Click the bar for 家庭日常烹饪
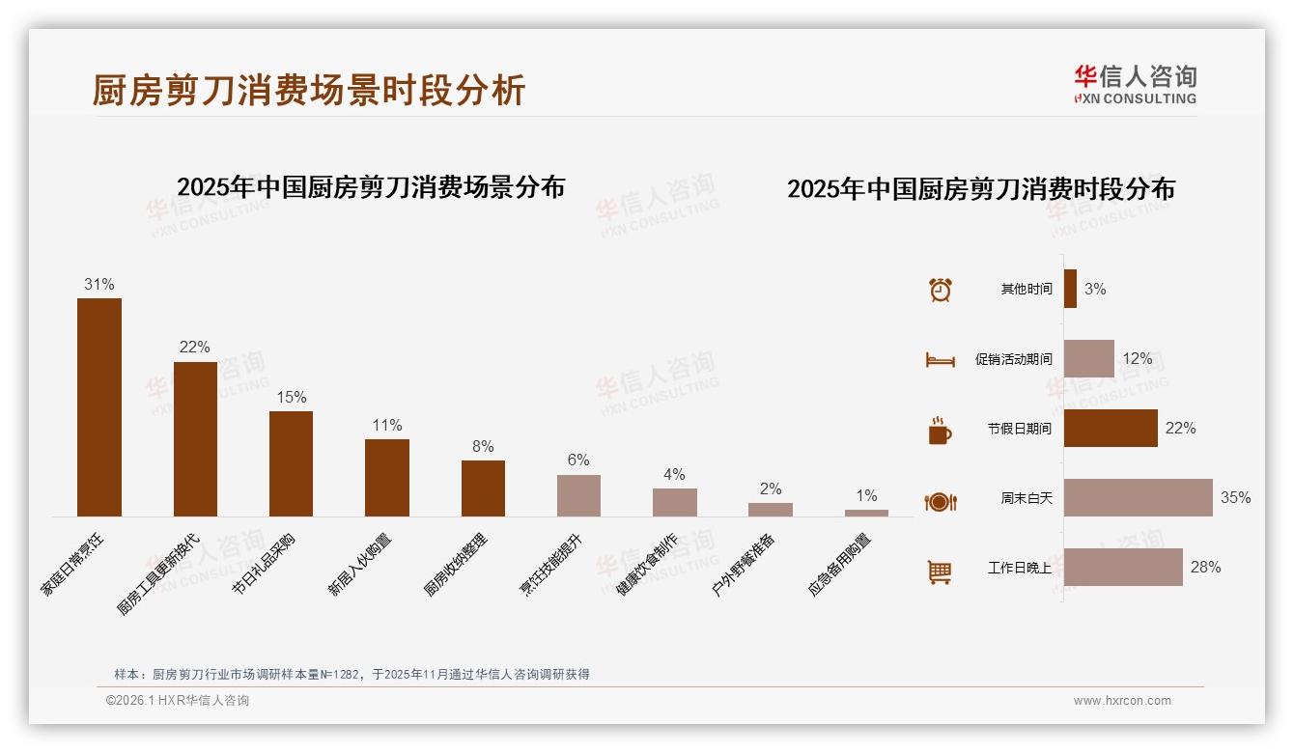[x=99, y=406]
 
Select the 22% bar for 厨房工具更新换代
[x=195, y=438]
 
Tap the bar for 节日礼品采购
[x=291, y=463]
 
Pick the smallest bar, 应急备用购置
[x=866, y=513]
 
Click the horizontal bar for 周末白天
[x=1138, y=497]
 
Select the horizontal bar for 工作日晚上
[x=1123, y=567]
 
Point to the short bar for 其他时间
[x=1070, y=289]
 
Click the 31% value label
[x=99, y=284]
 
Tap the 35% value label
[x=1235, y=497]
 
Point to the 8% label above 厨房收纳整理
[x=483, y=446]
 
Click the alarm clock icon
[x=940, y=290]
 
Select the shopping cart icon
[x=940, y=572]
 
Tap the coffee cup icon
[x=940, y=431]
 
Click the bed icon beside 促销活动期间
[x=940, y=360]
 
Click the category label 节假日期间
[x=1019, y=429]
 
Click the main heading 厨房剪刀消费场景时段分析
[x=309, y=90]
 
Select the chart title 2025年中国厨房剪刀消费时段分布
[x=980, y=188]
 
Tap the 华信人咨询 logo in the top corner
[x=1135, y=84]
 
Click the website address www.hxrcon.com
[x=1122, y=701]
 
